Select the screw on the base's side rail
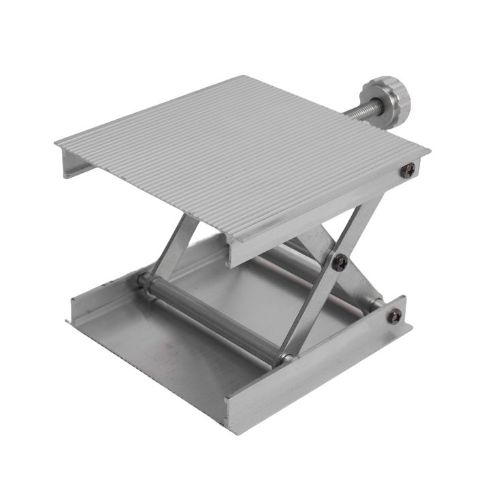click(x=393, y=316)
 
